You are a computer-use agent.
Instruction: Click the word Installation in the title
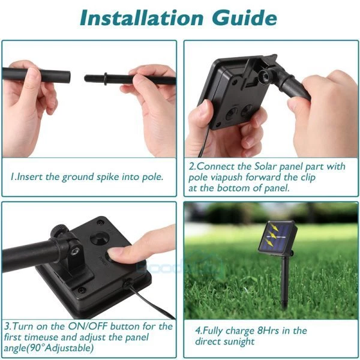pyautogui.click(x=142, y=18)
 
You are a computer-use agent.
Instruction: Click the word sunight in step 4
pyautogui.click(x=239, y=341)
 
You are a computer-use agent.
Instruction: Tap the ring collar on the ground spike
pyautogui.click(x=106, y=79)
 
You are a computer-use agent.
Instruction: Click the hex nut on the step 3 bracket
pyautogui.click(x=75, y=251)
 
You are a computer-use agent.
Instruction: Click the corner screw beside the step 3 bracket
pyautogui.click(x=81, y=290)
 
